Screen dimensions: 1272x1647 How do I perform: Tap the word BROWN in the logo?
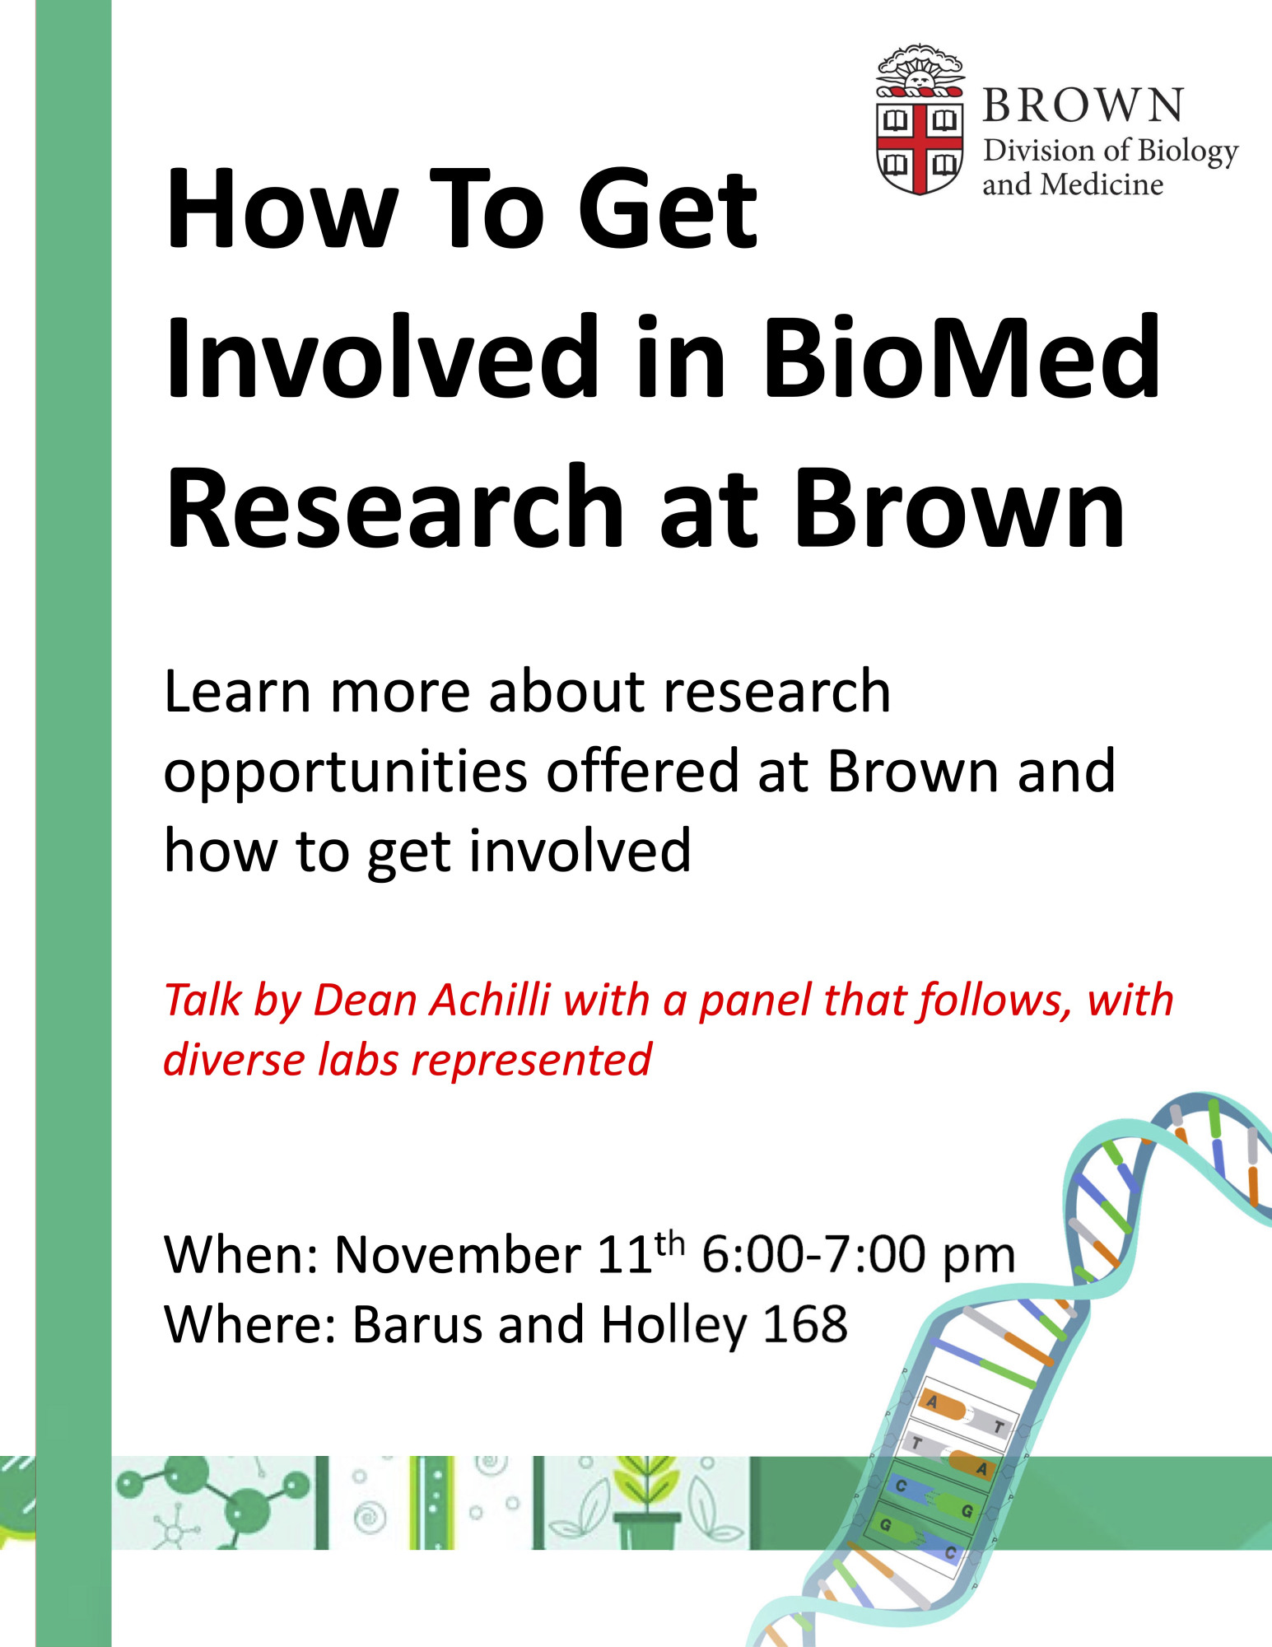1083,105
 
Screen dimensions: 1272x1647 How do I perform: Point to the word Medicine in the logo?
1102,184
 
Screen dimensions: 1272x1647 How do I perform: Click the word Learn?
237,692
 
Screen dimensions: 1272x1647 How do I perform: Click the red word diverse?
234,1060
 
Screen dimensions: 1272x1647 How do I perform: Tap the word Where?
251,1324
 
